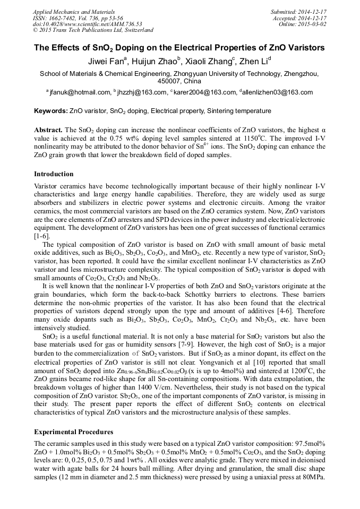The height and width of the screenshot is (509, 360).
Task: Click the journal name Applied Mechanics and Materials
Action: [x=66, y=11]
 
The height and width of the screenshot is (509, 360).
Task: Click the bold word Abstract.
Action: [x=48, y=130]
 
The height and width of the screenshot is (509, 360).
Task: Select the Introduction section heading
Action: [x=54, y=174]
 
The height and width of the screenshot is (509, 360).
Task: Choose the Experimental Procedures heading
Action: [x=73, y=432]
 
